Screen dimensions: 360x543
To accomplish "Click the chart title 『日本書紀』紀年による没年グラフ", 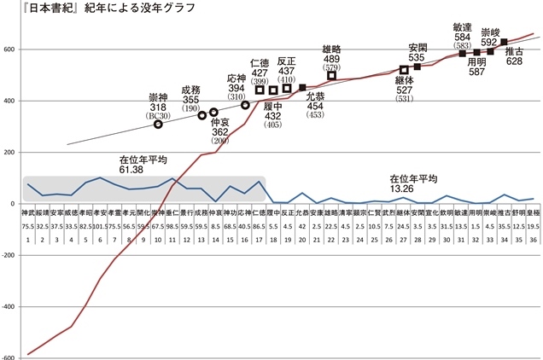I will point(99,9).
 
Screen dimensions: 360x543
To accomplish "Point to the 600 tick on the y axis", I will point(10,49).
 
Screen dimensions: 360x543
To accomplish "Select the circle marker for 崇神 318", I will point(158,125).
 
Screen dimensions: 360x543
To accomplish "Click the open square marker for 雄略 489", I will point(331,76).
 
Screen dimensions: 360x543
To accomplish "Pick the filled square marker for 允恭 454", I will point(301,88).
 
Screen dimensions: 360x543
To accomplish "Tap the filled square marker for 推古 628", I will point(504,42).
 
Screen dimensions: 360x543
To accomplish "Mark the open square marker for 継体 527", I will point(404,70).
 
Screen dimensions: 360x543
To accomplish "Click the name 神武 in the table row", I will point(27,212).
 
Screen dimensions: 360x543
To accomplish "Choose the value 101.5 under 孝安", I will point(100,228).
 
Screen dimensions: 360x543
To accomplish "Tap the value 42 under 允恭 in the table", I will point(301,228).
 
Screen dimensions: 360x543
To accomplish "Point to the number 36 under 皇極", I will point(533,241).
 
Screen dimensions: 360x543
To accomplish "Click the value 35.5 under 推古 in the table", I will point(504,228).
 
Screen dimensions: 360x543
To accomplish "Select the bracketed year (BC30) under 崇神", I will point(158,115).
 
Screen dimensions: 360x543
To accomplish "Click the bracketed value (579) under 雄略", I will point(332,67).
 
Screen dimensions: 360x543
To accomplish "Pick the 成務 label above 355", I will point(190,90).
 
